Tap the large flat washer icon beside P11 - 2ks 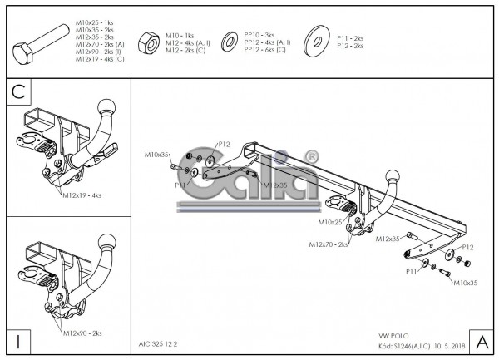[315, 40]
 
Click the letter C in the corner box [18, 91]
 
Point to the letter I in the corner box [17, 340]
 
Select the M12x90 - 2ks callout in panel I [82, 333]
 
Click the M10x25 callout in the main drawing [330, 222]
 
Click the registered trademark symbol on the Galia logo [311, 156]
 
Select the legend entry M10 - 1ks [179, 36]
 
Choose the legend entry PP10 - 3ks [259, 36]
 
